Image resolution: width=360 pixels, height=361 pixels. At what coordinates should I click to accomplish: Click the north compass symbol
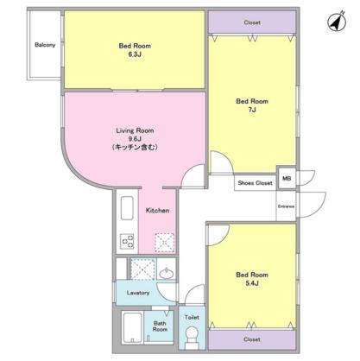pos(337,21)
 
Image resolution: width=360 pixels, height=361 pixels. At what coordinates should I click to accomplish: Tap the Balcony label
pos(45,45)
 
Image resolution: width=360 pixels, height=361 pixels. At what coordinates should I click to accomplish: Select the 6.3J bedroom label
pos(135,54)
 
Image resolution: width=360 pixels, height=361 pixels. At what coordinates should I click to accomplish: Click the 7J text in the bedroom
pos(252,110)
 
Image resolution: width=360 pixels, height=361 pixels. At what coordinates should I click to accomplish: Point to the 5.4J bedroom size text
pos(252,283)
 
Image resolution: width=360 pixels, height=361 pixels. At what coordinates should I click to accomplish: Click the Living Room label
pos(135,130)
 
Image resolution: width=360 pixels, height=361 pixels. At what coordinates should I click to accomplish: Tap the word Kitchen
pos(157,211)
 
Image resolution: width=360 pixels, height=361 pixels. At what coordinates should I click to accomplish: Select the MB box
pos(287,179)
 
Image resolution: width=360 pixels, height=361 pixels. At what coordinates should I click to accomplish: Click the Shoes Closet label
pos(255,183)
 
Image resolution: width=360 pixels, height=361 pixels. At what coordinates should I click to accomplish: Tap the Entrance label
pos(286,206)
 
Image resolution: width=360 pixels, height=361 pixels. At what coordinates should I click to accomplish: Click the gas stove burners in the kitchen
pos(127,241)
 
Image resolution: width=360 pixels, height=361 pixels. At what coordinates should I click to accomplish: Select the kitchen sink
pos(127,208)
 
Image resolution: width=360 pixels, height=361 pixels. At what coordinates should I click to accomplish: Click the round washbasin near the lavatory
pos(167,273)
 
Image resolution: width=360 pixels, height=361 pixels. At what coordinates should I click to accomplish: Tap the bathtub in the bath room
pos(132,327)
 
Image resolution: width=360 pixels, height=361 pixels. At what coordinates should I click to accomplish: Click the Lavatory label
pos(138,293)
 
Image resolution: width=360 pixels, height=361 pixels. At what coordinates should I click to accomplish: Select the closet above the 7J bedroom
pos(252,22)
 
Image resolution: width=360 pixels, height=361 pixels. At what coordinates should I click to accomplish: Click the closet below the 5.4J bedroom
pos(252,339)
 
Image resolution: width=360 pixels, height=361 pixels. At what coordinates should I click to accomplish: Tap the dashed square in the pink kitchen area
pos(165,243)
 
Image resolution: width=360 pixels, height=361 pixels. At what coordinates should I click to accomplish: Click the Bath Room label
pos(160,326)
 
